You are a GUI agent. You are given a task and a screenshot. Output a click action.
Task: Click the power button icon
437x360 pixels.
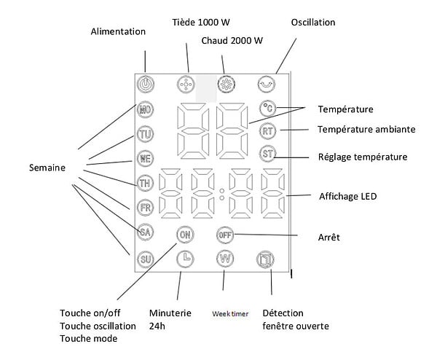pos(145,84)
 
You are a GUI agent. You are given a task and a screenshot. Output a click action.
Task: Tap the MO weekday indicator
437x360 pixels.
pos(145,109)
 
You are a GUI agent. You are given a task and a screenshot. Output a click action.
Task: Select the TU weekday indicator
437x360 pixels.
pos(145,134)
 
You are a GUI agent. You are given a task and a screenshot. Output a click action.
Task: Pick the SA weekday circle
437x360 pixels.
pos(145,232)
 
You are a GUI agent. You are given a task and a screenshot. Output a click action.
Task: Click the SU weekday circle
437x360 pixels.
pos(145,259)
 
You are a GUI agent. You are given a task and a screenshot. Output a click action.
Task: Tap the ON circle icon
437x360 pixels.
pos(185,235)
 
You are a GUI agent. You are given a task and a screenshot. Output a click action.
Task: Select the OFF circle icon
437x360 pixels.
pos(225,235)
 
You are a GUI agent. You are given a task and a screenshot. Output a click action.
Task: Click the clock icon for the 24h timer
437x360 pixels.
pos(185,259)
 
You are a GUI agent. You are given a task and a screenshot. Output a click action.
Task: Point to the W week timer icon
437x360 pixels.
pos(225,259)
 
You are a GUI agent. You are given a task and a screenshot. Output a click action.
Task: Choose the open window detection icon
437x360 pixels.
pos(265,259)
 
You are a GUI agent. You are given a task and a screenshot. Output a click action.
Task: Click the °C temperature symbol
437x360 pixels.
pos(267,108)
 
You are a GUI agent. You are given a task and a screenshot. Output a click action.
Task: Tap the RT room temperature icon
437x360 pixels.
pos(267,131)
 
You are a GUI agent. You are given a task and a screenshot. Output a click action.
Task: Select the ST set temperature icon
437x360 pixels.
pos(267,153)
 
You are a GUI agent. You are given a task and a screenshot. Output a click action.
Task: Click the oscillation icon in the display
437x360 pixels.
pos(266,84)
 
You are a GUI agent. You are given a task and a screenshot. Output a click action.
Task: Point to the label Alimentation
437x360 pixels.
pos(118,31)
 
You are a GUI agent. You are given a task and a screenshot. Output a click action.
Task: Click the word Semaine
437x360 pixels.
pos(47,168)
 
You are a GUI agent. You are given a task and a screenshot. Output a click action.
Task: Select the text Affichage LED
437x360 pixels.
pos(348,196)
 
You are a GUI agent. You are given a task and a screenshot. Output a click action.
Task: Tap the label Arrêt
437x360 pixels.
pos(329,238)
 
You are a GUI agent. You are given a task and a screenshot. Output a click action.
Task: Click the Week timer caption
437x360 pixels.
pos(230,314)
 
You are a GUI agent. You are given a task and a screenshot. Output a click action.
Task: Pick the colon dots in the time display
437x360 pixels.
pos(222,195)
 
